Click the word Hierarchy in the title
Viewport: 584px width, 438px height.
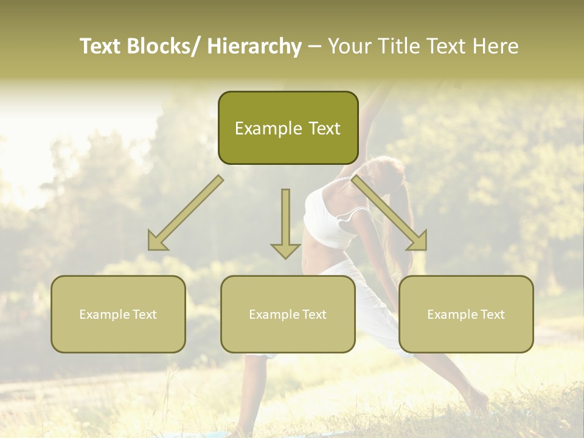pos(254,46)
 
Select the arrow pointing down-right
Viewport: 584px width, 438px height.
pos(389,213)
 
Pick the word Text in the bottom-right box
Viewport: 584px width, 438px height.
pos(492,315)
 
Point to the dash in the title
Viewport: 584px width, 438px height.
pos(315,46)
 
